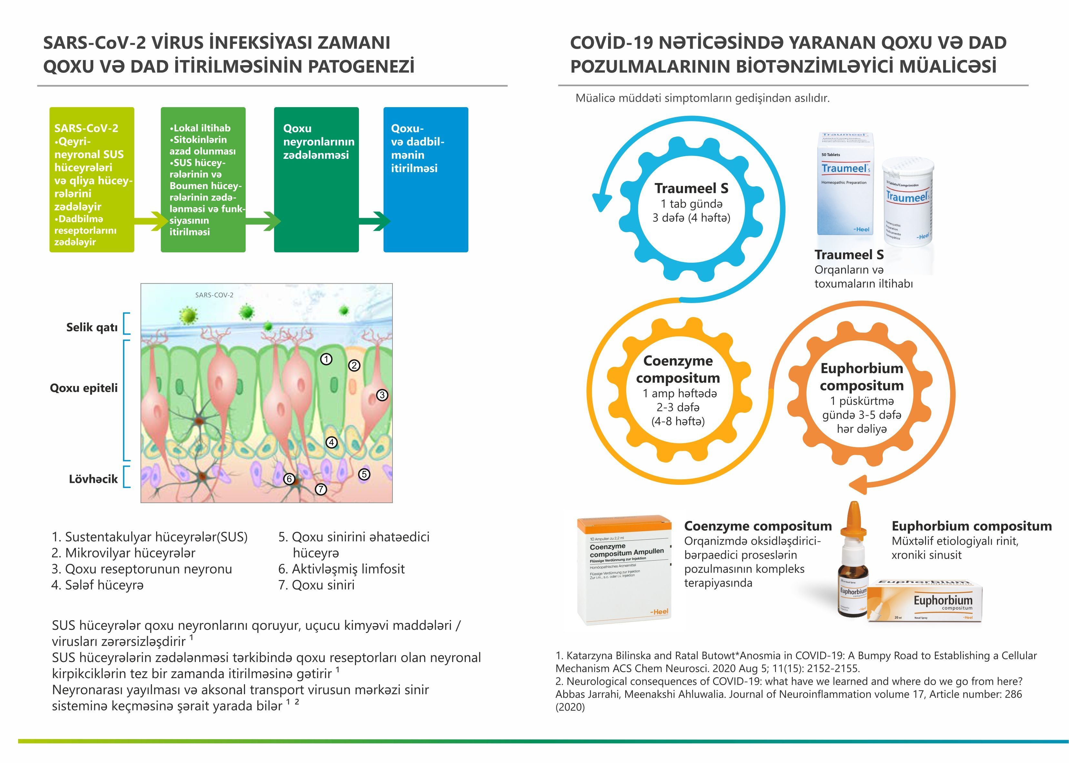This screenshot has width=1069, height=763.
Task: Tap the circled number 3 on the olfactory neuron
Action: click(x=382, y=395)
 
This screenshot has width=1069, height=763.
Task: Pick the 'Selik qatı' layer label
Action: click(x=92, y=328)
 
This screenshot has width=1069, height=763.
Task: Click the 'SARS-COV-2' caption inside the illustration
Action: click(x=214, y=295)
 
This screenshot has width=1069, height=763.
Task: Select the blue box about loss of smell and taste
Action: click(x=426, y=179)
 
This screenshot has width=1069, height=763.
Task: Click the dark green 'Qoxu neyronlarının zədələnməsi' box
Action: click(x=316, y=179)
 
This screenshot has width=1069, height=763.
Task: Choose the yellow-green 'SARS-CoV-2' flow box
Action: click(x=92, y=179)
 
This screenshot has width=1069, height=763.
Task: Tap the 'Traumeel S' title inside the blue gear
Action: click(x=691, y=188)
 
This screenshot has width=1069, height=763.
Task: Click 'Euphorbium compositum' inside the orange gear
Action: click(x=861, y=377)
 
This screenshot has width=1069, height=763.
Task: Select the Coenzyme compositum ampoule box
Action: click(x=624, y=572)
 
